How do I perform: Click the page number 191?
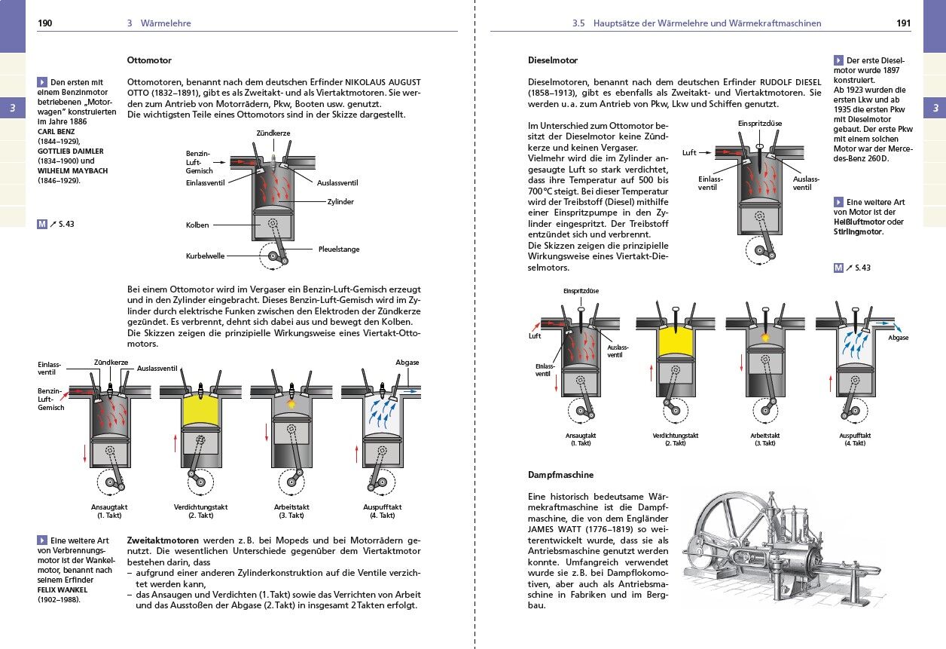903,23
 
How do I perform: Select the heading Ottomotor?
149,60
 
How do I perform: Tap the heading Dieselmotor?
553,60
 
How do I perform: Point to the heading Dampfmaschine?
561,475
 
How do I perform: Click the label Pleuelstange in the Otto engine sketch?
338,249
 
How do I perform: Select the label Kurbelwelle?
205,256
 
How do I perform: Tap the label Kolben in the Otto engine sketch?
197,225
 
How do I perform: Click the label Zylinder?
340,202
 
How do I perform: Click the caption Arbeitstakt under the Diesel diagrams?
764,436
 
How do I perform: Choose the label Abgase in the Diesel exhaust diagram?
898,338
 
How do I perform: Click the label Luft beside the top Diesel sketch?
689,152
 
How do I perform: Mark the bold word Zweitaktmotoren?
163,541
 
